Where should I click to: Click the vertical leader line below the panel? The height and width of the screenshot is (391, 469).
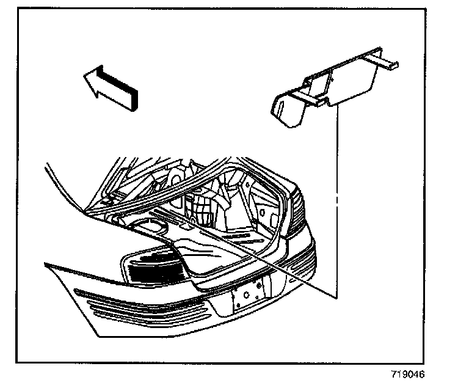(x=336, y=202)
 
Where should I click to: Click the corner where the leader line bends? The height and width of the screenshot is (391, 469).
(x=336, y=298)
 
